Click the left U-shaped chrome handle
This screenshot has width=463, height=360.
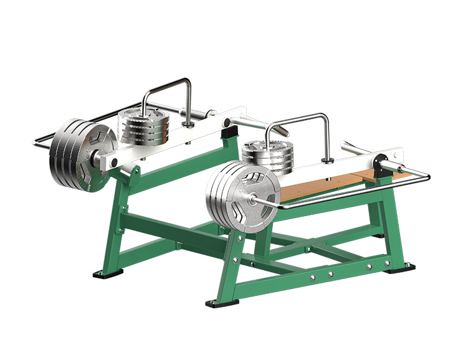click(x=167, y=93)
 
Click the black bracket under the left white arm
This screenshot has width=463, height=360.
click(x=231, y=131)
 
